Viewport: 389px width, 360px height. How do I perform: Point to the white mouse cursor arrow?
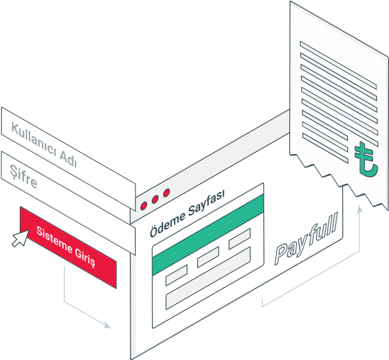click(20, 238)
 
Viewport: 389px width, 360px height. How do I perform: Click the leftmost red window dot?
click(144, 206)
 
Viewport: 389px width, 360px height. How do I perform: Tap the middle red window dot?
click(155, 200)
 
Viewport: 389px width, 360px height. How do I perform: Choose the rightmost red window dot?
click(166, 192)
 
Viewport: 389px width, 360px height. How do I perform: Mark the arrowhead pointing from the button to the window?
click(107, 325)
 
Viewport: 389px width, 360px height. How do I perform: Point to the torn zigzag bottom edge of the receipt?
click(339, 179)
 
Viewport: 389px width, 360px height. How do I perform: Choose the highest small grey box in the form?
click(239, 237)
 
